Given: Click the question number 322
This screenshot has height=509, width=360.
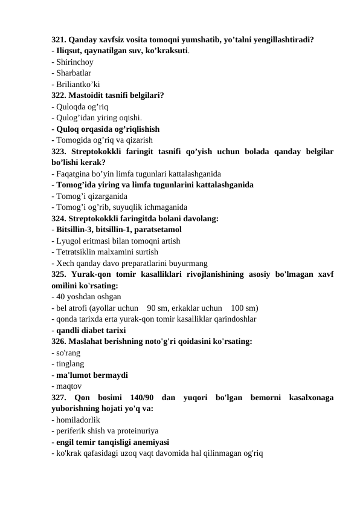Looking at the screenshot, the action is [x=59, y=95].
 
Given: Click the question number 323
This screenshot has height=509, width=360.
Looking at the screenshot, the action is [x=59, y=152].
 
